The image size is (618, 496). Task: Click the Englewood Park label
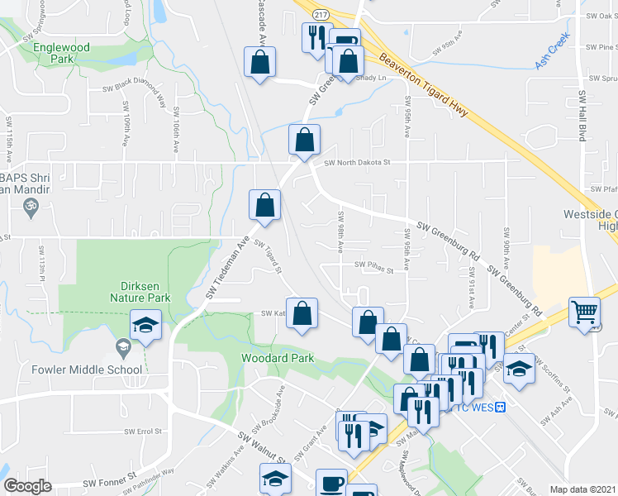click(61, 53)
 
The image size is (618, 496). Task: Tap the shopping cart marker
click(585, 312)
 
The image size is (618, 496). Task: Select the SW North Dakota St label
click(356, 163)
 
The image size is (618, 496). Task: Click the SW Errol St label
click(140, 431)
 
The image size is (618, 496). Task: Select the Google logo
click(28, 486)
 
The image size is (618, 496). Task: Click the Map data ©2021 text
click(582, 489)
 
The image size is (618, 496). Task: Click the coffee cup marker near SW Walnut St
click(333, 483)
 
